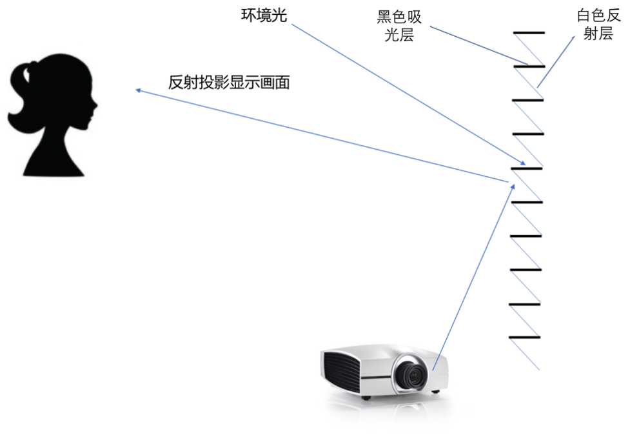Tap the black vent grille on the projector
point(339,372)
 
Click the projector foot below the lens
point(437,392)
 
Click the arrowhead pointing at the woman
point(137,90)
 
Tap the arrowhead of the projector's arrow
point(514,185)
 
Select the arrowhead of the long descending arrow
point(524,163)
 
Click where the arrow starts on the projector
point(433,370)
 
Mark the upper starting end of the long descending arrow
point(292,25)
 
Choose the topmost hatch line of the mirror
point(529,49)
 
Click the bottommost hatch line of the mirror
point(525,354)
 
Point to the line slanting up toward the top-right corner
point(556,61)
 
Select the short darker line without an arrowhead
point(478,45)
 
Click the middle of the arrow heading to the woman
point(322,136)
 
